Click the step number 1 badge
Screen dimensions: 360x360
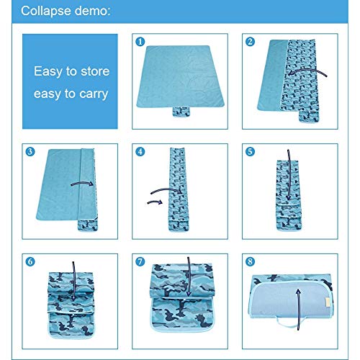tap(140, 42)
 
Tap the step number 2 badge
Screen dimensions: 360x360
tap(250, 42)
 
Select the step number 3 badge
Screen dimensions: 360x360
tap(30, 151)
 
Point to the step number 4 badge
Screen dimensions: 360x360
tap(140, 151)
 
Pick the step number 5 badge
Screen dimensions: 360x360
tap(250, 151)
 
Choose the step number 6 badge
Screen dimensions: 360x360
tap(30, 261)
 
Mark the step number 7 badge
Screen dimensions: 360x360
tap(140, 261)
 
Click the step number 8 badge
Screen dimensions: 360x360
tap(250, 261)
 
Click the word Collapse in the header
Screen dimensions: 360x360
tap(46, 11)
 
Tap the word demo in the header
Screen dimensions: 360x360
tap(92, 11)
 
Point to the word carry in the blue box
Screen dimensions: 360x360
tap(94, 94)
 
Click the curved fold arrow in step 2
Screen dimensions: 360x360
tap(307, 71)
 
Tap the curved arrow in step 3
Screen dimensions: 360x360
tap(82, 183)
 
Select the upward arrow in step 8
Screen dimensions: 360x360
tap(298, 310)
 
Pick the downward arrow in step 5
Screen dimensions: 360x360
tap(289, 175)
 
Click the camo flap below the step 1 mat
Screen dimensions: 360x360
tap(181, 112)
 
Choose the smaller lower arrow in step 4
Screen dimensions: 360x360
tap(155, 202)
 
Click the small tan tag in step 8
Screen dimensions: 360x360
tap(327, 302)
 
